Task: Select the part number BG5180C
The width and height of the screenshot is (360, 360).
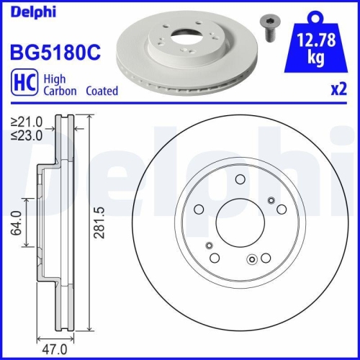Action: [53, 53]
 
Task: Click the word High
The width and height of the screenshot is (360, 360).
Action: [55, 79]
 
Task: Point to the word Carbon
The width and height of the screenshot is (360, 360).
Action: [60, 91]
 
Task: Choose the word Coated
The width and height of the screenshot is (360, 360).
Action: [102, 91]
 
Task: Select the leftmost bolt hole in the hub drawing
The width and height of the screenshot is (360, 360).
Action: [199, 210]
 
